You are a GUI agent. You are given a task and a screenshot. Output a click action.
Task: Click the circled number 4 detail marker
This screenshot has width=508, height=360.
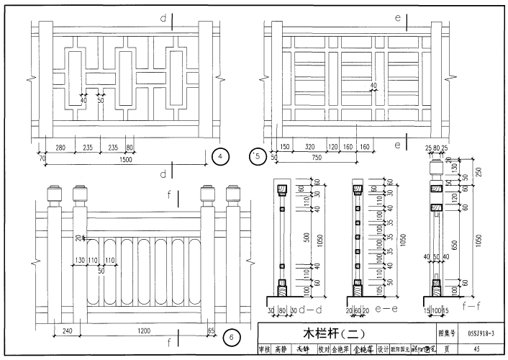pos(222,156)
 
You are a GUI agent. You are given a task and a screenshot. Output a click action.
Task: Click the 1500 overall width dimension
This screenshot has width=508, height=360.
pos(126,160)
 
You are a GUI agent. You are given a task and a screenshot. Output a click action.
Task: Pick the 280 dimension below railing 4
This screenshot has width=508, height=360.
pos(60,148)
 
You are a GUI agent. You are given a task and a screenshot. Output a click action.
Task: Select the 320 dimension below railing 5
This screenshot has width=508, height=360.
pos(311,148)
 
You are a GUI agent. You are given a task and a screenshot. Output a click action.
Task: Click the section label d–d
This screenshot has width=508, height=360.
pos(310,312)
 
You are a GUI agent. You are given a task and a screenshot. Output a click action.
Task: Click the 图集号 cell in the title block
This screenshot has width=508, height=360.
pos(448,334)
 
